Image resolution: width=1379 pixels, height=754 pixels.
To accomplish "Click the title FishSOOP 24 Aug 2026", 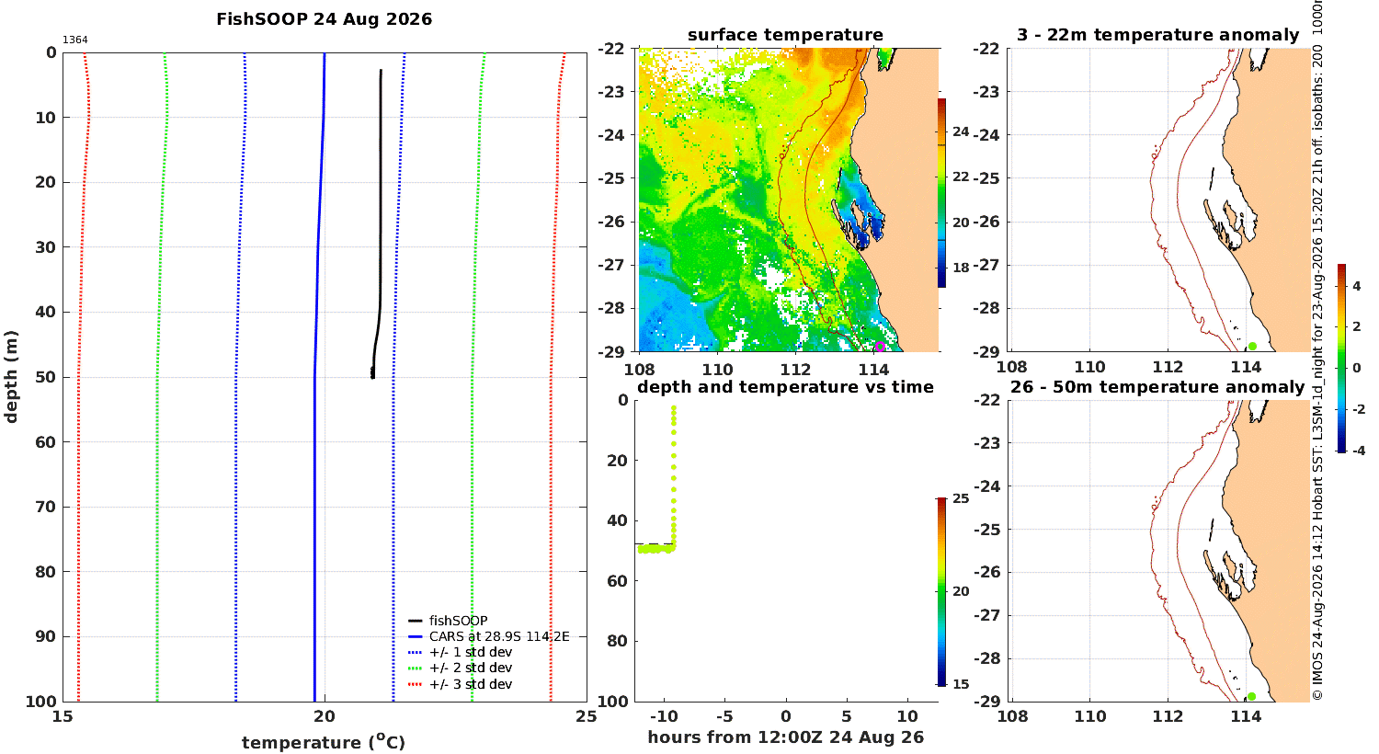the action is pos(324,19).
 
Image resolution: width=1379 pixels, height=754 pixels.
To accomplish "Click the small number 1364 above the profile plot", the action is pos(75,40).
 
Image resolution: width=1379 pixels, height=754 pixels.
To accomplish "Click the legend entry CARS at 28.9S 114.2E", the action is pos(489,636).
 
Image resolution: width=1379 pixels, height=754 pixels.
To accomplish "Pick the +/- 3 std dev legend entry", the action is pos(460,684).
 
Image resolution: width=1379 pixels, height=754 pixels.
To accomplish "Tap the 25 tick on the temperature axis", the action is pos(587,716).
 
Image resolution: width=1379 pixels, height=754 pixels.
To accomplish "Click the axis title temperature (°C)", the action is pos(324,742).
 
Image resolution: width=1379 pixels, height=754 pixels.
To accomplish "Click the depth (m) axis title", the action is pos(11,377).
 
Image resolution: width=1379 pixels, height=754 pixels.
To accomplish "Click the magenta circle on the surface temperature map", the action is pos(880,347).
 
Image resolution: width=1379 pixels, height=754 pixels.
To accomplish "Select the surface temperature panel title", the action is pos(785,35).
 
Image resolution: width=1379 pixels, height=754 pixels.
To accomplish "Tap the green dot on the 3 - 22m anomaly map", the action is pos(1252,347).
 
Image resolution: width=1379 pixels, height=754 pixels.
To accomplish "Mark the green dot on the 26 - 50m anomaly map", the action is pos(1251,697).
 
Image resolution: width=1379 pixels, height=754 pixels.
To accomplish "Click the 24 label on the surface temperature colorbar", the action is pos(961,131).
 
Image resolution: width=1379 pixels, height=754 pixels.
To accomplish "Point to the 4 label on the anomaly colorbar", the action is pos(1356,286).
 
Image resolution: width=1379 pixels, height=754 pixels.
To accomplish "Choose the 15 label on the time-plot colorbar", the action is pos(961,684).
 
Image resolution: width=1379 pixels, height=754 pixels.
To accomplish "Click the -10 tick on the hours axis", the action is pos(665,716).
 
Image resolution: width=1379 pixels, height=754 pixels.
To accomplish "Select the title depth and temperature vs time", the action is pos(785,387).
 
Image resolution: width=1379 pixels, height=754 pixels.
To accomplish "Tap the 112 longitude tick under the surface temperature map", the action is pos(796,370).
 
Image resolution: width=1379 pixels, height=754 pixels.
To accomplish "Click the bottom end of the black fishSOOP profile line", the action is pos(373,378).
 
